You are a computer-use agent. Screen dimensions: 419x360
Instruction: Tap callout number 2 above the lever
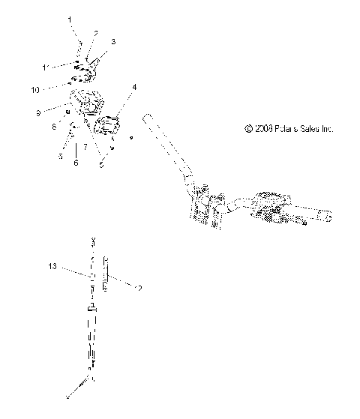coord(96,34)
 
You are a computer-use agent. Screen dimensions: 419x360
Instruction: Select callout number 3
coord(113,42)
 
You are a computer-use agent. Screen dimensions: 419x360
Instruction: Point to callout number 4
coord(134,88)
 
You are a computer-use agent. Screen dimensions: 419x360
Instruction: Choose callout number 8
coord(54,127)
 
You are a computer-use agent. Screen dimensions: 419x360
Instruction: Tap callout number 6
coord(75,162)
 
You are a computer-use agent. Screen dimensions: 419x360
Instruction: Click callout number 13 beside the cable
coord(52,266)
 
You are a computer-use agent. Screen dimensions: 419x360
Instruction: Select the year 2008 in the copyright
coord(262,129)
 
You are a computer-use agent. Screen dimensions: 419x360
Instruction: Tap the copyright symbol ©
coord(247,129)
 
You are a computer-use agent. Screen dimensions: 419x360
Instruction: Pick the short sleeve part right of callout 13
coord(106,273)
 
